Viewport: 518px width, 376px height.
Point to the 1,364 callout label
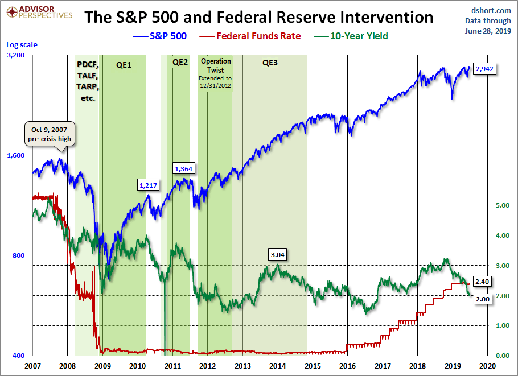point(184,169)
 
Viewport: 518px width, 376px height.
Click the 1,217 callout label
point(148,185)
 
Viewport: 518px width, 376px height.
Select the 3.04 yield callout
point(278,254)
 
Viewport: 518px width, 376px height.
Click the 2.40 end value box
point(482,281)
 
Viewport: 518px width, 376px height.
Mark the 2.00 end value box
point(482,299)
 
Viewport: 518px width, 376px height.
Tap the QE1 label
point(124,64)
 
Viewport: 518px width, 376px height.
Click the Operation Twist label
point(216,65)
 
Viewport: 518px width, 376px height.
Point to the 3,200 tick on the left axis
point(16,55)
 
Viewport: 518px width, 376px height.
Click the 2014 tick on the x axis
point(278,365)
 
